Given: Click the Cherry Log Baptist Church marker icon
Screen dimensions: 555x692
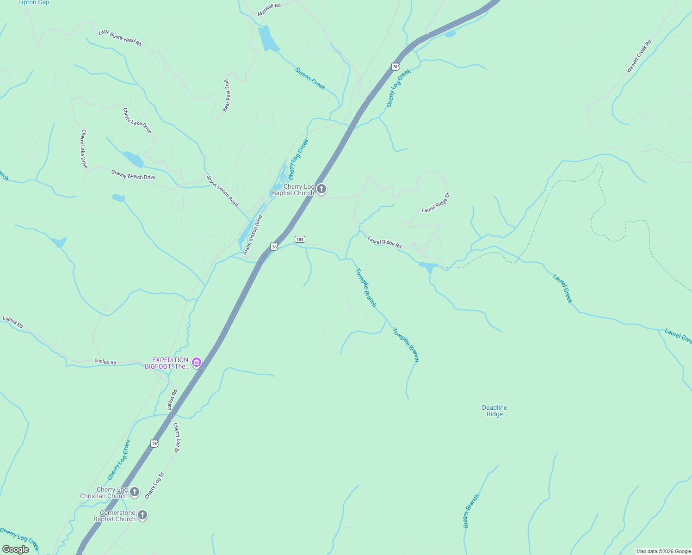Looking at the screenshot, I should tap(321, 189).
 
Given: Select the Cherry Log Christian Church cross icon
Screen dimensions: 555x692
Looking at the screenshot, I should tap(135, 492).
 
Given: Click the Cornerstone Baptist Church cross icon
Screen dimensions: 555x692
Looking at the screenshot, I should tap(142, 515).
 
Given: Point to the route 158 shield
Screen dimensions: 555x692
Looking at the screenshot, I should tap(300, 239).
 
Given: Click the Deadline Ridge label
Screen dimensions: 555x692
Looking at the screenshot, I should tap(494, 411).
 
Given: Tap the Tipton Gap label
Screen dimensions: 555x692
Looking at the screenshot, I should tap(34, 2).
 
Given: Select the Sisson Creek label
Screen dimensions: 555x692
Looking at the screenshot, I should tap(310, 79).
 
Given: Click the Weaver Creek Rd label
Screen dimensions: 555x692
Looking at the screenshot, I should tap(639, 56).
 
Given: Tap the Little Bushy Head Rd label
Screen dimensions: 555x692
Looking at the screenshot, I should tap(120, 38).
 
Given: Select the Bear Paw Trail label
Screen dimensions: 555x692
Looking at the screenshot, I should tap(227, 95).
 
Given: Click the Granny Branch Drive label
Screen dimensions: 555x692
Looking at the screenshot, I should tap(133, 174).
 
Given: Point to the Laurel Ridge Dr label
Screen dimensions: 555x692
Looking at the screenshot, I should tap(436, 203).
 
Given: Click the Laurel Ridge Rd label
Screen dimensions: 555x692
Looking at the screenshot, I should tap(384, 242).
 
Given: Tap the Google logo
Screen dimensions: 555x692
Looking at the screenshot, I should tap(15, 549).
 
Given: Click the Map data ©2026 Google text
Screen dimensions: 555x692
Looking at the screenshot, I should tap(663, 551).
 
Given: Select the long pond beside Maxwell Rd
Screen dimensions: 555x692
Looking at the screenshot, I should tap(268, 39).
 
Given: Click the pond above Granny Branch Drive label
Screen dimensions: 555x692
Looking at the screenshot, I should tap(133, 160).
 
